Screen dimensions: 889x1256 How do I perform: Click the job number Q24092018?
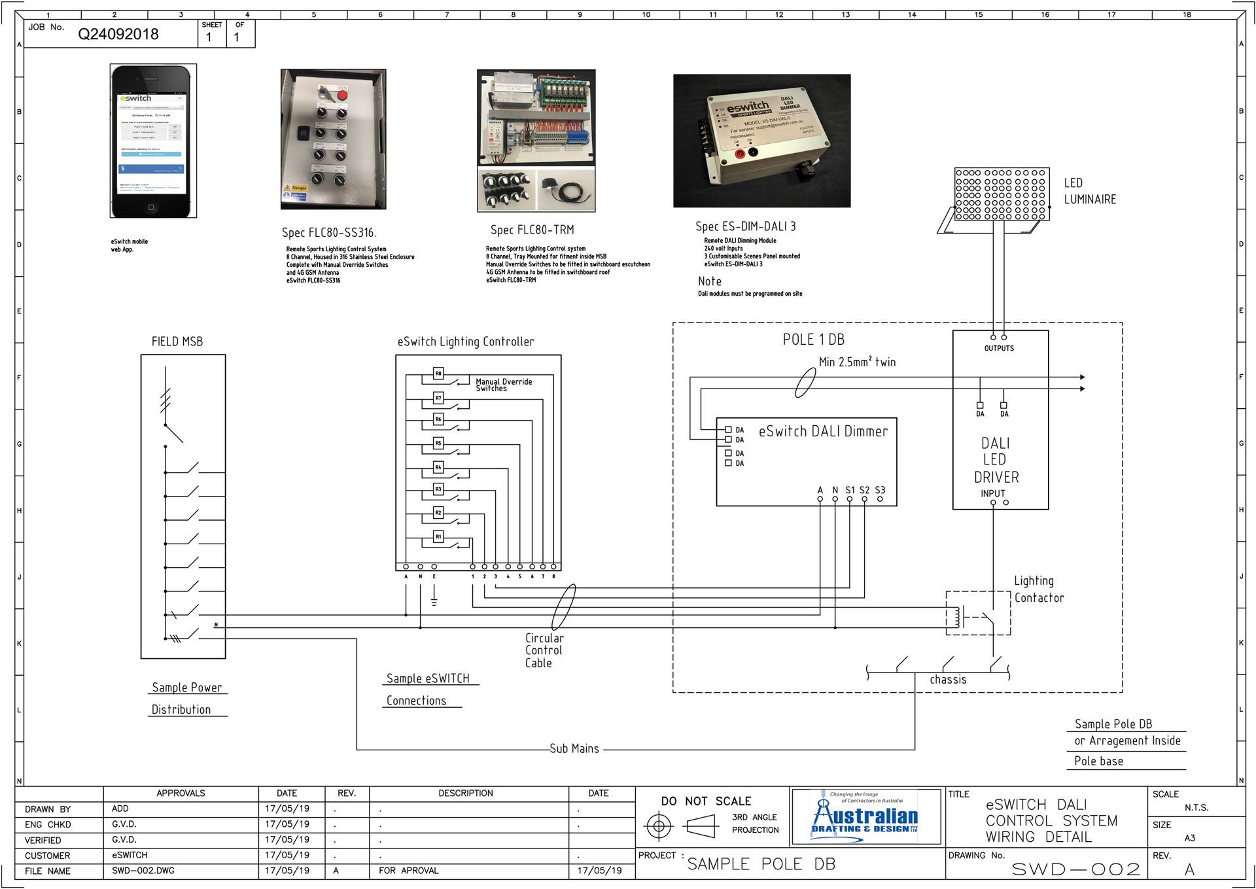coord(118,35)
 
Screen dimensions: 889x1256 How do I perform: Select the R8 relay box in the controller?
coord(438,374)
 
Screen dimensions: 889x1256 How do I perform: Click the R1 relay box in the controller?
coord(438,536)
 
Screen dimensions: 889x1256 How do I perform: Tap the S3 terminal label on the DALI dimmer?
coord(880,490)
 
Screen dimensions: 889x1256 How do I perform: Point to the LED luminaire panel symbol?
coord(1002,194)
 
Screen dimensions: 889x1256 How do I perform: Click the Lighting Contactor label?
coord(1038,589)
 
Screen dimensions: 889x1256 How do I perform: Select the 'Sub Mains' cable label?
coord(574,748)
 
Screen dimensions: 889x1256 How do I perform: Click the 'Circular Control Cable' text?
coord(544,650)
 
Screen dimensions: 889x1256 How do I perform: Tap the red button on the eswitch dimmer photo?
coord(740,154)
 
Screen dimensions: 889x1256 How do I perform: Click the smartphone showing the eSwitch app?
coord(153,141)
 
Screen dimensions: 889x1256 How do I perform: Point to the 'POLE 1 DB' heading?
coord(813,340)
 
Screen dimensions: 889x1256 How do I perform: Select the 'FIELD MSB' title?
coord(177,341)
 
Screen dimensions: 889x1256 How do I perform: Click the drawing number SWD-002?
coord(1076,869)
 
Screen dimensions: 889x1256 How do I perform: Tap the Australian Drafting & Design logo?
coord(865,817)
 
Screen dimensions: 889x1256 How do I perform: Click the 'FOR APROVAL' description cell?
coord(408,871)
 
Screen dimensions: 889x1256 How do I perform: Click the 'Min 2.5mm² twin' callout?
coord(857,362)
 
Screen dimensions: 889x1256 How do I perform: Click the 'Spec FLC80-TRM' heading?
coord(532,230)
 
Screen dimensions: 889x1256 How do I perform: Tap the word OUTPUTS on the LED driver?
coord(999,348)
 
